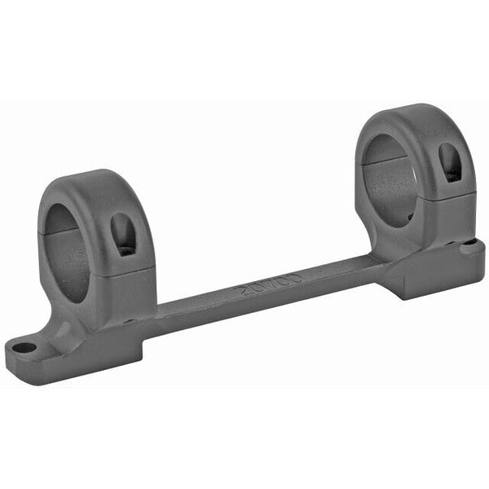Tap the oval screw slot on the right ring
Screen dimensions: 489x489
pos(449,162)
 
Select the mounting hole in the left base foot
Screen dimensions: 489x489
pos(24,347)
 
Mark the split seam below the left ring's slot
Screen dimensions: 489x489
pos(130,270)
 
